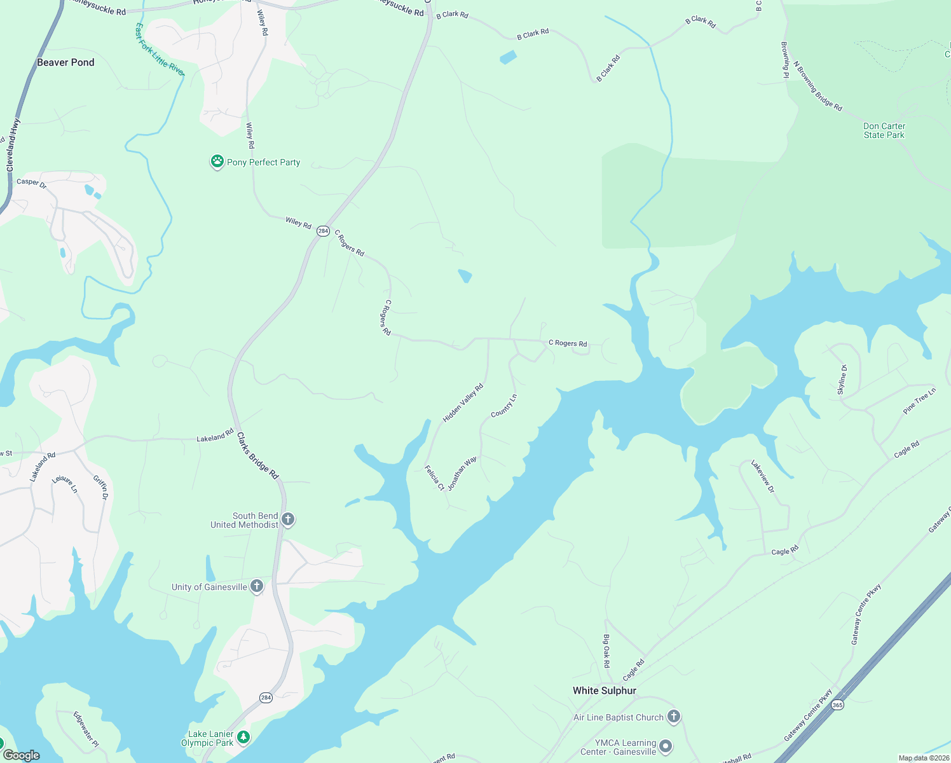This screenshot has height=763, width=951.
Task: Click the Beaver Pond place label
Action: tap(65, 62)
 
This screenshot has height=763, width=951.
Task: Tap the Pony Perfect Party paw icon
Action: tap(217, 162)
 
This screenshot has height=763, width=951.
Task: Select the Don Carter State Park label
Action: tap(884, 130)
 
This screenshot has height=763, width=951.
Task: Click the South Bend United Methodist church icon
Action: tap(288, 520)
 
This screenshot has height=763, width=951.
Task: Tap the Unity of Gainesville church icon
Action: tap(257, 586)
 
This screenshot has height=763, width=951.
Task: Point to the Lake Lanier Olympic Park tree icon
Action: tap(243, 738)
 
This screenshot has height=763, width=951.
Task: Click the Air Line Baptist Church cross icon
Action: tap(674, 717)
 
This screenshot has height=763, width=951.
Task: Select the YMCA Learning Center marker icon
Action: tap(666, 746)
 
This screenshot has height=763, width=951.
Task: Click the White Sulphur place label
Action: tap(604, 691)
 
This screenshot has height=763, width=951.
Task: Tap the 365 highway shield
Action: tap(838, 705)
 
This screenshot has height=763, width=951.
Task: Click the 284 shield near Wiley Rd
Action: tap(324, 231)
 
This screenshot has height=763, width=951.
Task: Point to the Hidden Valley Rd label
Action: tap(463, 403)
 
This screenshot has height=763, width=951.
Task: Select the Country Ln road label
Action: tap(504, 406)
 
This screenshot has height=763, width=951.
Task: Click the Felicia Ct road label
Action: tap(435, 478)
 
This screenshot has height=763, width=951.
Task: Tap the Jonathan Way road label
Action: tap(462, 474)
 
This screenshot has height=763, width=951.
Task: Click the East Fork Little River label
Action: tap(160, 50)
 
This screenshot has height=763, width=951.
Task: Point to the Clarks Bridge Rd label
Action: tap(257, 456)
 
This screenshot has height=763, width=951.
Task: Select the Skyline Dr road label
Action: tap(842, 380)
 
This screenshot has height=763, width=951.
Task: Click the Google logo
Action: tap(21, 755)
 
